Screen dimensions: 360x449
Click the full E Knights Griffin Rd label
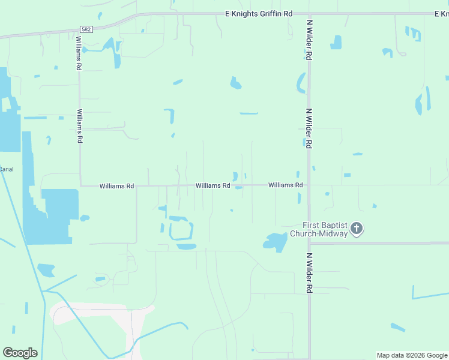(258, 13)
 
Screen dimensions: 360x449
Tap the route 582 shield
(85, 29)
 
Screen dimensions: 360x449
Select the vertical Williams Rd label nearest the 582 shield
(79, 53)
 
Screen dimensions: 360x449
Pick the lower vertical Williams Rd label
(80, 125)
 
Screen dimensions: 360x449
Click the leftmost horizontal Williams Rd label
(116, 186)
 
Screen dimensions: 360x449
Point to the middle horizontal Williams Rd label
(212, 186)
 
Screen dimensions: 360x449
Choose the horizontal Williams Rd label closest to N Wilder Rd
(285, 185)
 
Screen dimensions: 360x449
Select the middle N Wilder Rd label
(309, 128)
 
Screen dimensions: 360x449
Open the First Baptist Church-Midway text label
(319, 229)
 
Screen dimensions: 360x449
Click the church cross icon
(357, 229)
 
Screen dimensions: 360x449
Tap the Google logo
(20, 353)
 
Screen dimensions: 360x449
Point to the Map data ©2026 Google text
(412, 355)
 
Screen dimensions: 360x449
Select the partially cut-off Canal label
(7, 169)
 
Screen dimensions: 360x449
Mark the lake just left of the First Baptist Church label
(275, 241)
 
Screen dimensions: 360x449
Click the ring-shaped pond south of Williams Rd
(181, 230)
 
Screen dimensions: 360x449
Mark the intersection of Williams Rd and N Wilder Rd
(309, 185)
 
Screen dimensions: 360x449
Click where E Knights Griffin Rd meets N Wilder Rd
(309, 13)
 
